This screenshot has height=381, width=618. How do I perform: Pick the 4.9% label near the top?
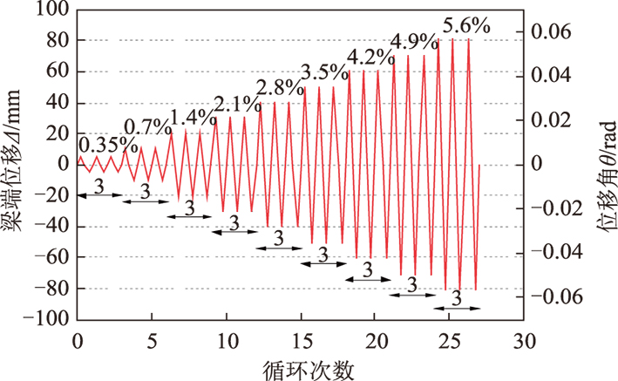[416, 41]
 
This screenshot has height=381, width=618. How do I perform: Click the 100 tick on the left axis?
[54, 10]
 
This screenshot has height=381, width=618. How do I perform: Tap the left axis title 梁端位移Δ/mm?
[16, 165]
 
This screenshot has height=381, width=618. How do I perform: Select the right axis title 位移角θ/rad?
[602, 165]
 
